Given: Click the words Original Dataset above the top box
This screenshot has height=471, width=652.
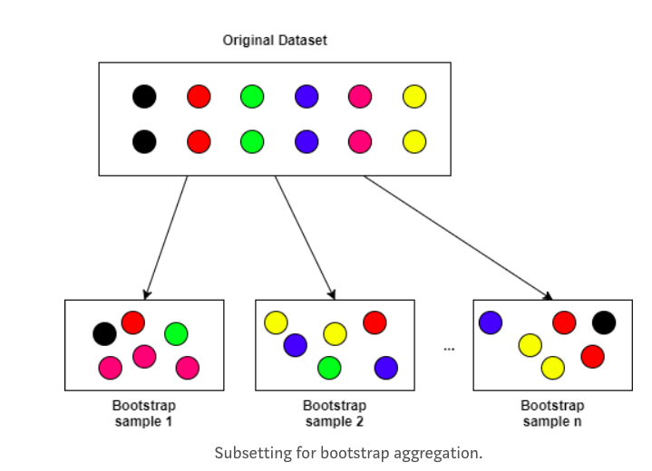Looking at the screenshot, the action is [275, 40].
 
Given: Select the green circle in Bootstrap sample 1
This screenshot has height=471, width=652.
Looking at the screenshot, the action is [176, 334].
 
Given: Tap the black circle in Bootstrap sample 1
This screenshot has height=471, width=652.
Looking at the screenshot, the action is [105, 334].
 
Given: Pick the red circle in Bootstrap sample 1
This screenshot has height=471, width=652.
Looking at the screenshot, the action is [133, 322].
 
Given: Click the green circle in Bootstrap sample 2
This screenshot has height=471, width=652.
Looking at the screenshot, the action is [329, 368].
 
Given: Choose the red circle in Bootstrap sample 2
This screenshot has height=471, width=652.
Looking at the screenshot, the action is [375, 322].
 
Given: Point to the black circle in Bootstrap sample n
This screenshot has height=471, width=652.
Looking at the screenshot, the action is [604, 322].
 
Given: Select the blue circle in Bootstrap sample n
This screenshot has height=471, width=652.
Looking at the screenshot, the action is [491, 322].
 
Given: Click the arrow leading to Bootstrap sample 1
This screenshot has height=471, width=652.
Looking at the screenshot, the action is [166, 237].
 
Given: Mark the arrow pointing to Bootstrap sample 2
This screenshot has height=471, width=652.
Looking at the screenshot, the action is [305, 237].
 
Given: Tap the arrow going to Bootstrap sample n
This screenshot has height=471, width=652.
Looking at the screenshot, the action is [458, 237].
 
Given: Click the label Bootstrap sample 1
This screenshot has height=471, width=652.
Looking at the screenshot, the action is [144, 413].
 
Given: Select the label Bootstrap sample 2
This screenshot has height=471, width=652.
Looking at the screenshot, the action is [335, 413].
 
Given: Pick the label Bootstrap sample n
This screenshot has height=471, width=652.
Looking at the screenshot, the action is [552, 413].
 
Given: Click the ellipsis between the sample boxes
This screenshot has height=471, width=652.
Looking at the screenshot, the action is [449, 350].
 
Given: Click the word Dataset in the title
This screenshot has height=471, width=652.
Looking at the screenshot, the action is [303, 40].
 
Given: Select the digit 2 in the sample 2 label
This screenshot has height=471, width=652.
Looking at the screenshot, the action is [359, 421].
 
